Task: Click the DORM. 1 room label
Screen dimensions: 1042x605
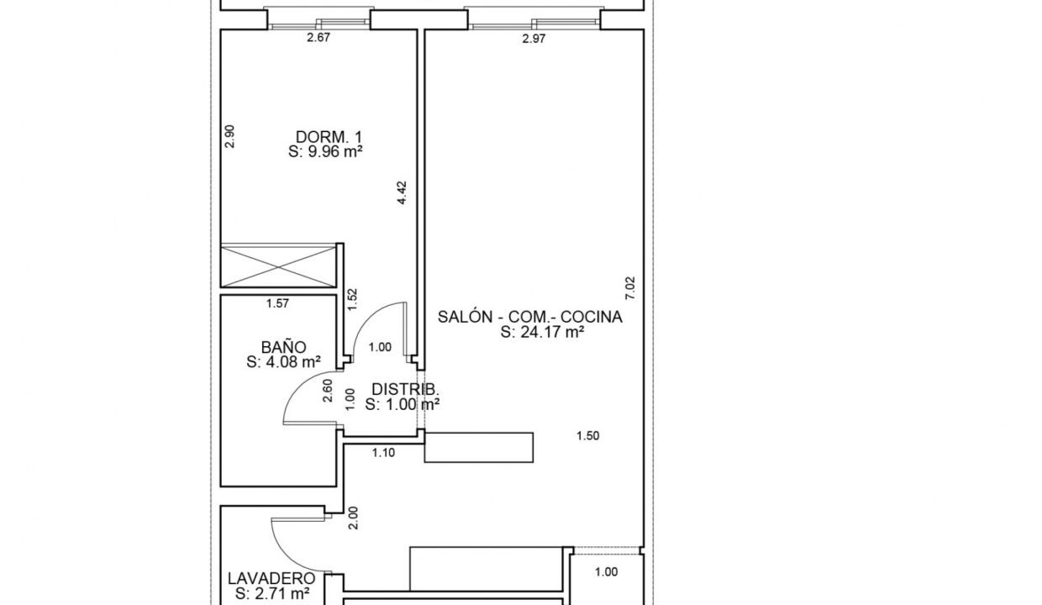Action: [x=329, y=137]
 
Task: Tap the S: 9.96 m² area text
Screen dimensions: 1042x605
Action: [x=325, y=151]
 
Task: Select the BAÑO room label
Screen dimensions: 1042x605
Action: [x=283, y=347]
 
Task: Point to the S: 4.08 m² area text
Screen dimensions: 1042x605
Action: [x=283, y=362]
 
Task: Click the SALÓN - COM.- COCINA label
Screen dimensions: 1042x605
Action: [x=530, y=317]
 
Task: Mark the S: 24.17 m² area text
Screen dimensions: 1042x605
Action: [x=542, y=332]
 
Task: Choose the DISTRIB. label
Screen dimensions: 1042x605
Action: [x=405, y=389]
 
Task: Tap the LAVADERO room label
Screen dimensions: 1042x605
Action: [x=271, y=578]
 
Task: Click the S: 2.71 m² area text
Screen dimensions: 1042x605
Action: [x=272, y=593]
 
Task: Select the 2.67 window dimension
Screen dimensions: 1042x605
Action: [x=318, y=37]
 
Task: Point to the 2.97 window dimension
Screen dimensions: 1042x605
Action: [x=534, y=39]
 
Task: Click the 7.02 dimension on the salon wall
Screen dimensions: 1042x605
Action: [x=630, y=288]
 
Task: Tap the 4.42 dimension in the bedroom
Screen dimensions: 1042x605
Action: [x=402, y=192]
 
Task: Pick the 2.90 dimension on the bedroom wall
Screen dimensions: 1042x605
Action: [x=229, y=136]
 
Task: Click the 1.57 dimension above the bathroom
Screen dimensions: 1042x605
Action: [x=277, y=303]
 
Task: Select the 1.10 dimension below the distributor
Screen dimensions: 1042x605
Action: [x=383, y=453]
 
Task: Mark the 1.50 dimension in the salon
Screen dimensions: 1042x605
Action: [x=588, y=436]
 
